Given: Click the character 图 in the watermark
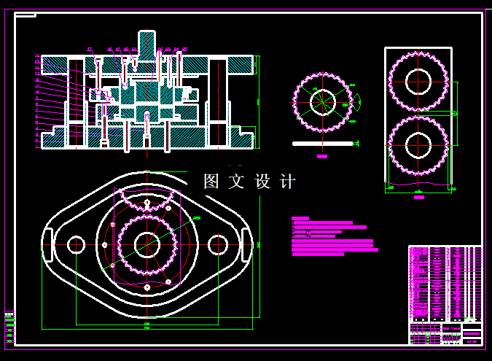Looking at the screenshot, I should pyautogui.click(x=211, y=182).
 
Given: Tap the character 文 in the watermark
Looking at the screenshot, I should pyautogui.click(x=235, y=182).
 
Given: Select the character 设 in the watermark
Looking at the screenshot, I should pyautogui.click(x=262, y=182).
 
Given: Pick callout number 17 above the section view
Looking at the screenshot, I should pyautogui.click(x=90, y=49).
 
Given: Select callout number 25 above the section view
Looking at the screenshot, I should pyautogui.click(x=184, y=49).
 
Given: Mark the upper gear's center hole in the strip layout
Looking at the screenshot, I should pyautogui.click(x=418, y=81).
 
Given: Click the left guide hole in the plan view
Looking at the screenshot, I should pyautogui.click(x=76, y=244).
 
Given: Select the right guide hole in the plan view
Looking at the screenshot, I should pyautogui.click(x=217, y=244).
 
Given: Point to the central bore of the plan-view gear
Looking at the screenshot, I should pyautogui.click(x=147, y=244).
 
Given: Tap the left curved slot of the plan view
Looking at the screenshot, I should pyautogui.click(x=48, y=245).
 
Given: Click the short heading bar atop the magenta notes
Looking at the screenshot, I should pyautogui.click(x=300, y=218).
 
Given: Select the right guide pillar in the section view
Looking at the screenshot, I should pyautogui.click(x=216, y=102).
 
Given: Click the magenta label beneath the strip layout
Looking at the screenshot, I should pyautogui.click(x=418, y=196).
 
